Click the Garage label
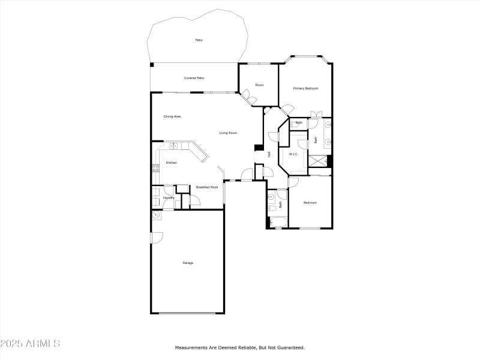tap(188, 263)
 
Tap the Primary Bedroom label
tap(305, 88)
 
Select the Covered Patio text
tap(194, 78)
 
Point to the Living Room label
tap(228, 133)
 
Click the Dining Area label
tap(172, 116)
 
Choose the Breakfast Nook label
tap(207, 187)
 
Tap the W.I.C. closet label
tap(293, 154)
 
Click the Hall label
tap(269, 155)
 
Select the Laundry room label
tap(169, 198)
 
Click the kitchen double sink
tap(173, 146)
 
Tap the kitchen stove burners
tap(155, 168)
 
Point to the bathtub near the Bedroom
tap(278, 222)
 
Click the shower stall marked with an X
tap(317, 161)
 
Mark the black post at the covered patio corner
tap(152, 65)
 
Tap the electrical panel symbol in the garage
tap(156, 215)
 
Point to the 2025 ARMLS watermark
tap(30, 343)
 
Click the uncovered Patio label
tap(199, 40)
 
